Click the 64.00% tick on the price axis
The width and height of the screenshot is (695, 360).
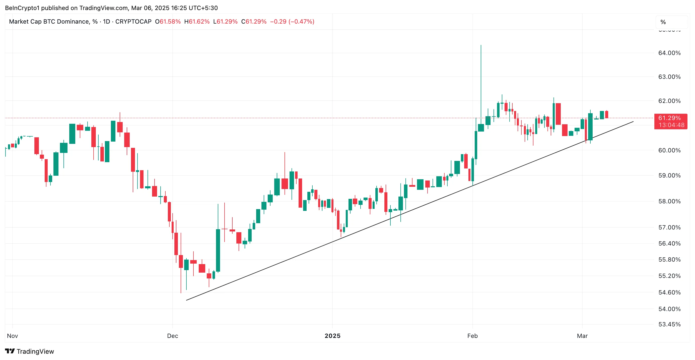point(669,53)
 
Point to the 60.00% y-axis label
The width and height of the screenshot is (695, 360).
point(669,150)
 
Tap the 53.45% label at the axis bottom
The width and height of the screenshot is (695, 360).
point(669,324)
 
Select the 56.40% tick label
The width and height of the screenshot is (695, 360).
point(669,244)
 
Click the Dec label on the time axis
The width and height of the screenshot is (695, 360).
point(172,336)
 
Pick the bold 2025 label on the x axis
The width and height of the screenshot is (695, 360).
point(332,336)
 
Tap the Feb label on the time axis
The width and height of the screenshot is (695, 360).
point(472,336)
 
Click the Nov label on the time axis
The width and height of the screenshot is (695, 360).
point(12,336)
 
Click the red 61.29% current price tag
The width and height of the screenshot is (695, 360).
point(669,118)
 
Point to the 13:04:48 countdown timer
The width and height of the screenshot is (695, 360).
point(671,125)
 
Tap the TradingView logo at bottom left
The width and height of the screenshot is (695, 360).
point(29,351)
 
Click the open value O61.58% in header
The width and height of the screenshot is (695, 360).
point(168,22)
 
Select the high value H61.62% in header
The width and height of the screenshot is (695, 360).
point(197,22)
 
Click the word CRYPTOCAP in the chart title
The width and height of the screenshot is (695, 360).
point(133,22)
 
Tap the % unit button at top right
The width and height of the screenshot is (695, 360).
point(663,22)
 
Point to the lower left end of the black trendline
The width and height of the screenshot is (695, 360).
point(187,300)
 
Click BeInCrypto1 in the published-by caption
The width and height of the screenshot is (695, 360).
point(22,8)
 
